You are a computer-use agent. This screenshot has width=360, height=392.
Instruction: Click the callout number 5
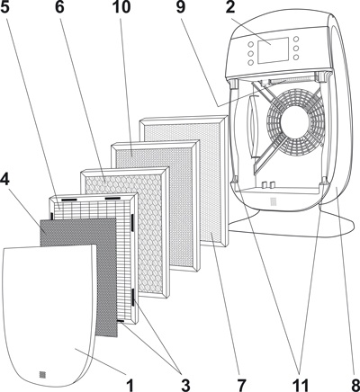5,7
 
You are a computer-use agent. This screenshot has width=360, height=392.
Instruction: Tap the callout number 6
59,7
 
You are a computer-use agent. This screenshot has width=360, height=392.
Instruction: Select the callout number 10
121,7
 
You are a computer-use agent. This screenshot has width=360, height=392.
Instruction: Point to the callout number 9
181,7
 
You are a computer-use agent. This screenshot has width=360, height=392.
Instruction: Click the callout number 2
230,7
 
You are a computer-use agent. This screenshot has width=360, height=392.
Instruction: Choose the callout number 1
130,385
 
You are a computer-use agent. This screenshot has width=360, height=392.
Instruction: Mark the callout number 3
185,385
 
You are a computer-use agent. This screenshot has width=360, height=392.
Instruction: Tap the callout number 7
241,385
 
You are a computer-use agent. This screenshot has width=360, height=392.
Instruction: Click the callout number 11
301,385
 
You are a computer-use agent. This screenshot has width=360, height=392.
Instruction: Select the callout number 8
355,385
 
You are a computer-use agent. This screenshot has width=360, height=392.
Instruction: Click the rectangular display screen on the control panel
273,50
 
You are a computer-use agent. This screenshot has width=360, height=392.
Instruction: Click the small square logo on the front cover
43,374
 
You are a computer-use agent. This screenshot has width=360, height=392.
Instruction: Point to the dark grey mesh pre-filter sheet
78,277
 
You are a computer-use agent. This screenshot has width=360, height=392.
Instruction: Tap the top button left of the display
250,44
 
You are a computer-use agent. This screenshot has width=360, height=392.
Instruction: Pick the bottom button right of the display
296,57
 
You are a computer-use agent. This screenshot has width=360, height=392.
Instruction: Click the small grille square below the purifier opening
273,201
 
